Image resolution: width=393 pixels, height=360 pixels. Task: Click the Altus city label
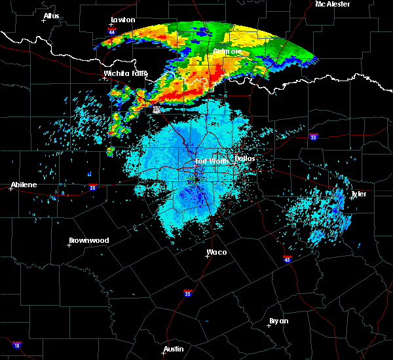click(51, 16)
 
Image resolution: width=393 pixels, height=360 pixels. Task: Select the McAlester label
click(332, 4)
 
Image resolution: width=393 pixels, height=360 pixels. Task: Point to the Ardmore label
click(227, 51)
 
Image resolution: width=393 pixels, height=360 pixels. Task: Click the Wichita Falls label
click(125, 73)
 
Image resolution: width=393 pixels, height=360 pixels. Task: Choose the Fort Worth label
click(210, 160)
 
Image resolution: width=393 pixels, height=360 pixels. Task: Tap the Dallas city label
click(244, 158)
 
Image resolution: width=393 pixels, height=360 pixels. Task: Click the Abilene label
click(23, 185)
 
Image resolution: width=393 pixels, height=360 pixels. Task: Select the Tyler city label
click(359, 194)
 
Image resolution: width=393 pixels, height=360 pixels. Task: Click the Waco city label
click(217, 251)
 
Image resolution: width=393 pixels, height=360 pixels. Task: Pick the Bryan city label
click(278, 321)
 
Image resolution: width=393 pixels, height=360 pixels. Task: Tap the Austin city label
click(174, 349)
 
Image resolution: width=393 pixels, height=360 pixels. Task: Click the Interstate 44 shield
click(112, 31)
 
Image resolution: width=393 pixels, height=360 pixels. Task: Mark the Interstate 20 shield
click(92, 187)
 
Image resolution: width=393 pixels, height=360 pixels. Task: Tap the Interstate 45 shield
click(288, 259)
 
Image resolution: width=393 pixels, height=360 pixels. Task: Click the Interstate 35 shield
click(188, 293)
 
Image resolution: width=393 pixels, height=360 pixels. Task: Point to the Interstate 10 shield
click(16, 345)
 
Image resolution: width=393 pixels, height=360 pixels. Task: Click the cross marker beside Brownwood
click(69, 245)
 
